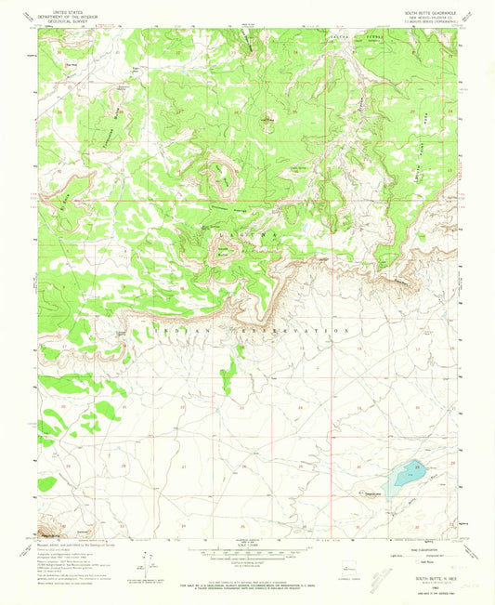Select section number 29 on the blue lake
(417, 467)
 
